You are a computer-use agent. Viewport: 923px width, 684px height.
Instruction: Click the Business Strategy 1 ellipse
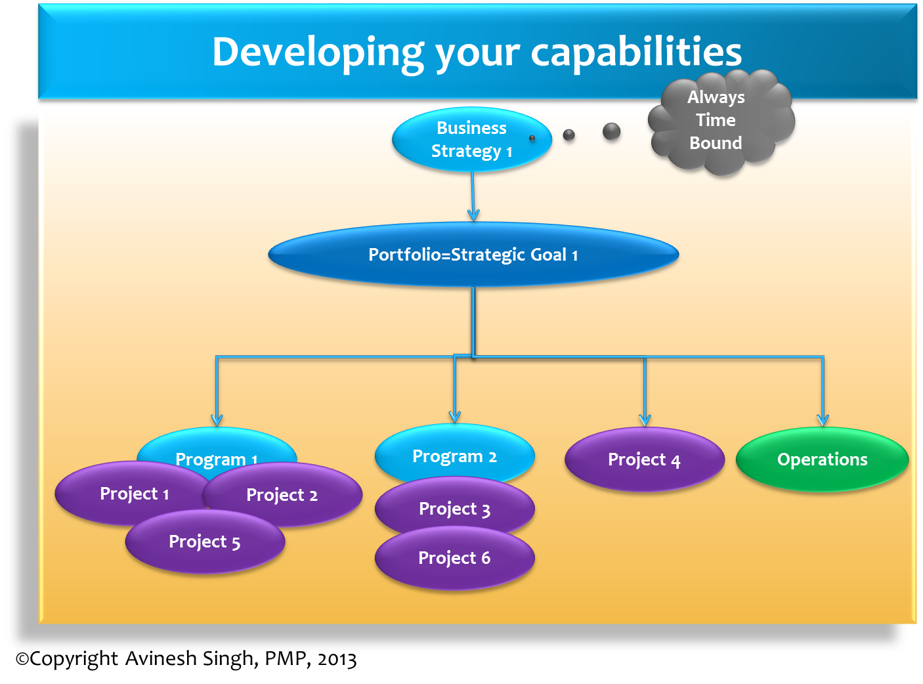coord(471,139)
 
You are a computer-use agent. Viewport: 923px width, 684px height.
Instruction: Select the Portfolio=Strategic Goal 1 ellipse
coord(473,255)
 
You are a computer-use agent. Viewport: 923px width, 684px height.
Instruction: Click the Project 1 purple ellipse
coord(131,494)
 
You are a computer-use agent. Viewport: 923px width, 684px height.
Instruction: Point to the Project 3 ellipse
coord(454,509)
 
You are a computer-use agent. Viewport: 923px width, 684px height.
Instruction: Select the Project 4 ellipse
coord(644,460)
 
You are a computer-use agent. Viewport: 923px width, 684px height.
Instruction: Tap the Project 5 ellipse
coord(205,542)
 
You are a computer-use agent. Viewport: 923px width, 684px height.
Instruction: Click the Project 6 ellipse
coord(454,558)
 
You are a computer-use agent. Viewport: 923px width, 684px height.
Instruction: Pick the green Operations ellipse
coord(822,460)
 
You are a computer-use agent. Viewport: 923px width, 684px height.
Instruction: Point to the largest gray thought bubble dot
coord(611,131)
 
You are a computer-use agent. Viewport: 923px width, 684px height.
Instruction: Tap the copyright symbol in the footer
coord(22,659)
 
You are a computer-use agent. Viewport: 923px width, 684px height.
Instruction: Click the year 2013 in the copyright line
coord(337,659)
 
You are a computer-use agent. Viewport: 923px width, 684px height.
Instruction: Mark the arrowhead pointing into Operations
coord(823,419)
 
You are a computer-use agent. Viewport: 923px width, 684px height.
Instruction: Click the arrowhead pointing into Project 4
coord(645,419)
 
